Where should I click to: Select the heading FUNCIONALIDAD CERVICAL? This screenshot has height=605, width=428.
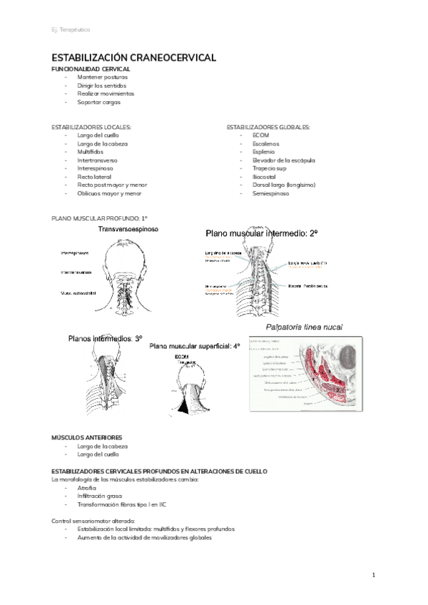point(91,68)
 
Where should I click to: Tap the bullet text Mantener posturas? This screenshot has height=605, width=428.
point(106,77)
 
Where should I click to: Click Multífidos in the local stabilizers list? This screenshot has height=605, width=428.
point(91,152)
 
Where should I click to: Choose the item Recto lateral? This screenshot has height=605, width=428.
point(96,176)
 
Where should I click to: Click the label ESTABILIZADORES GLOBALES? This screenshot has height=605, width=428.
point(268,127)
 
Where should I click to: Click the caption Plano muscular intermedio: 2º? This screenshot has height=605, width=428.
point(262,233)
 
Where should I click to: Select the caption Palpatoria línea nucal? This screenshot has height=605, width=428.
point(304,327)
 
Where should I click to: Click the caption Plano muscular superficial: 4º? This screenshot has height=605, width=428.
point(195,346)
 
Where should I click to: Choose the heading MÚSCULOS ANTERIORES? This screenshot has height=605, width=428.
point(86,437)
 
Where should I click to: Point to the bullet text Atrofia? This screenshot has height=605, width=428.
point(87,487)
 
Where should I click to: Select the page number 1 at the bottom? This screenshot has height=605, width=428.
point(374,574)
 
